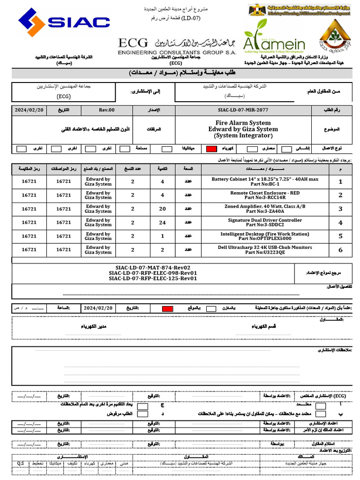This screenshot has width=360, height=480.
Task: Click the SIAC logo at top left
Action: pyautogui.click(x=64, y=22)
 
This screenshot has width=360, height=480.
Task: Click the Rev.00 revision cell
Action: pyautogui.click(x=106, y=110)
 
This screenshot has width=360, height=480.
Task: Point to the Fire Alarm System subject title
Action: pyautogui.click(x=243, y=122)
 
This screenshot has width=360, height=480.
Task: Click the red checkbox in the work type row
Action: pyautogui.click(x=211, y=149)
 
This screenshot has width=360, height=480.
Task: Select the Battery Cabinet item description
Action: pyautogui.click(x=265, y=181)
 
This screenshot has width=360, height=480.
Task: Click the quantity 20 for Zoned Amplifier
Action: pyautogui.click(x=163, y=209)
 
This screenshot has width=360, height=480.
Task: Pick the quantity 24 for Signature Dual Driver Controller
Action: pyautogui.click(x=163, y=222)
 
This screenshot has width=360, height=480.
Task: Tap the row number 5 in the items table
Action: pyautogui.click(x=341, y=236)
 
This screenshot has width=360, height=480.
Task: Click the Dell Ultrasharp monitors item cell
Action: pyautogui.click(x=265, y=249)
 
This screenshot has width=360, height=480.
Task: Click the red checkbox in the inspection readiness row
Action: pyautogui.click(x=167, y=308)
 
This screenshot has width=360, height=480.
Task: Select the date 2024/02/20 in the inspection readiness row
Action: pyautogui.click(x=98, y=308)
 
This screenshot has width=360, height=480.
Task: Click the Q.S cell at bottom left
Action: pyautogui.click(x=21, y=463)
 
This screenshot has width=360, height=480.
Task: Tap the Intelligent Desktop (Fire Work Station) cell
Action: pyautogui.click(x=265, y=236)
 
